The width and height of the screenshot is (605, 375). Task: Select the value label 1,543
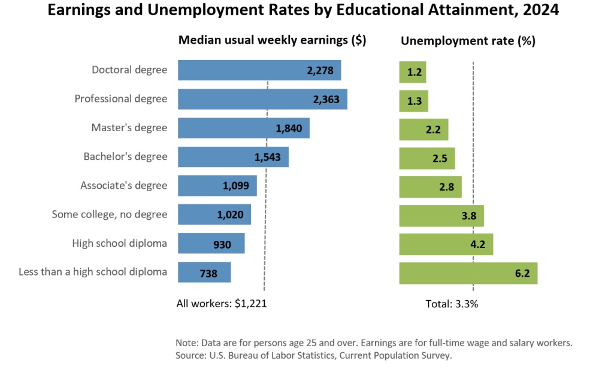267,158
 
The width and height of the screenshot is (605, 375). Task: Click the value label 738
208,274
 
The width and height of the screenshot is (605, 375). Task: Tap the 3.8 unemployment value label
469,216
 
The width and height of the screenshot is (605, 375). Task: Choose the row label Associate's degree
124,185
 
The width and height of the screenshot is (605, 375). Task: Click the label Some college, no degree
110,214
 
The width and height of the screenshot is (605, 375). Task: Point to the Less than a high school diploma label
93,272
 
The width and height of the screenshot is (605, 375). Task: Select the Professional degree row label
121,98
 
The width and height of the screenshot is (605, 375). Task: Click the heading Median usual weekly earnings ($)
273,41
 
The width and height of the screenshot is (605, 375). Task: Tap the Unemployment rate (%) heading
468,41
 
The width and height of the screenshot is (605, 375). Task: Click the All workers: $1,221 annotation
221,303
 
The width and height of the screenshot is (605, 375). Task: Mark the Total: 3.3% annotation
452,303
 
